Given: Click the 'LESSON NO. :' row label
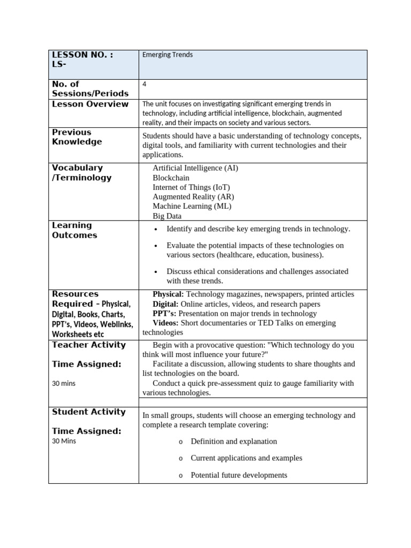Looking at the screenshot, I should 82,55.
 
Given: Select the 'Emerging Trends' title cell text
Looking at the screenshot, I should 168,55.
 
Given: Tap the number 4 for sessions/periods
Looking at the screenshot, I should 144,84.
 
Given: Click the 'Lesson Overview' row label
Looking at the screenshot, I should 90,104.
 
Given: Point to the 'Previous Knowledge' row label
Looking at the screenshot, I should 77,137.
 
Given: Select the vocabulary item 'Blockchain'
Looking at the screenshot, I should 171,178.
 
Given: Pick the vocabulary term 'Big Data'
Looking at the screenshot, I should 167,216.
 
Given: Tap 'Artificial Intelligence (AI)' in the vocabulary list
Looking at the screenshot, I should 195,168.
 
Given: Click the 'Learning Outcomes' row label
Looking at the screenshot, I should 74,230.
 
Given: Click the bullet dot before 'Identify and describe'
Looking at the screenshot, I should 155,230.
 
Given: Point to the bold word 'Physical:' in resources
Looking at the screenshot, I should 168,294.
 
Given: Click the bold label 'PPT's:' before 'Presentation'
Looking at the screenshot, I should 164,314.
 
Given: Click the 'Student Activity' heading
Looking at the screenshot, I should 88,412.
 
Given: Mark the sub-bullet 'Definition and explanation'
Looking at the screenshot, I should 234,442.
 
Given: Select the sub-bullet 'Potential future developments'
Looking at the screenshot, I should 239,475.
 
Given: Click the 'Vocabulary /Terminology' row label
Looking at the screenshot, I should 81,173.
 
